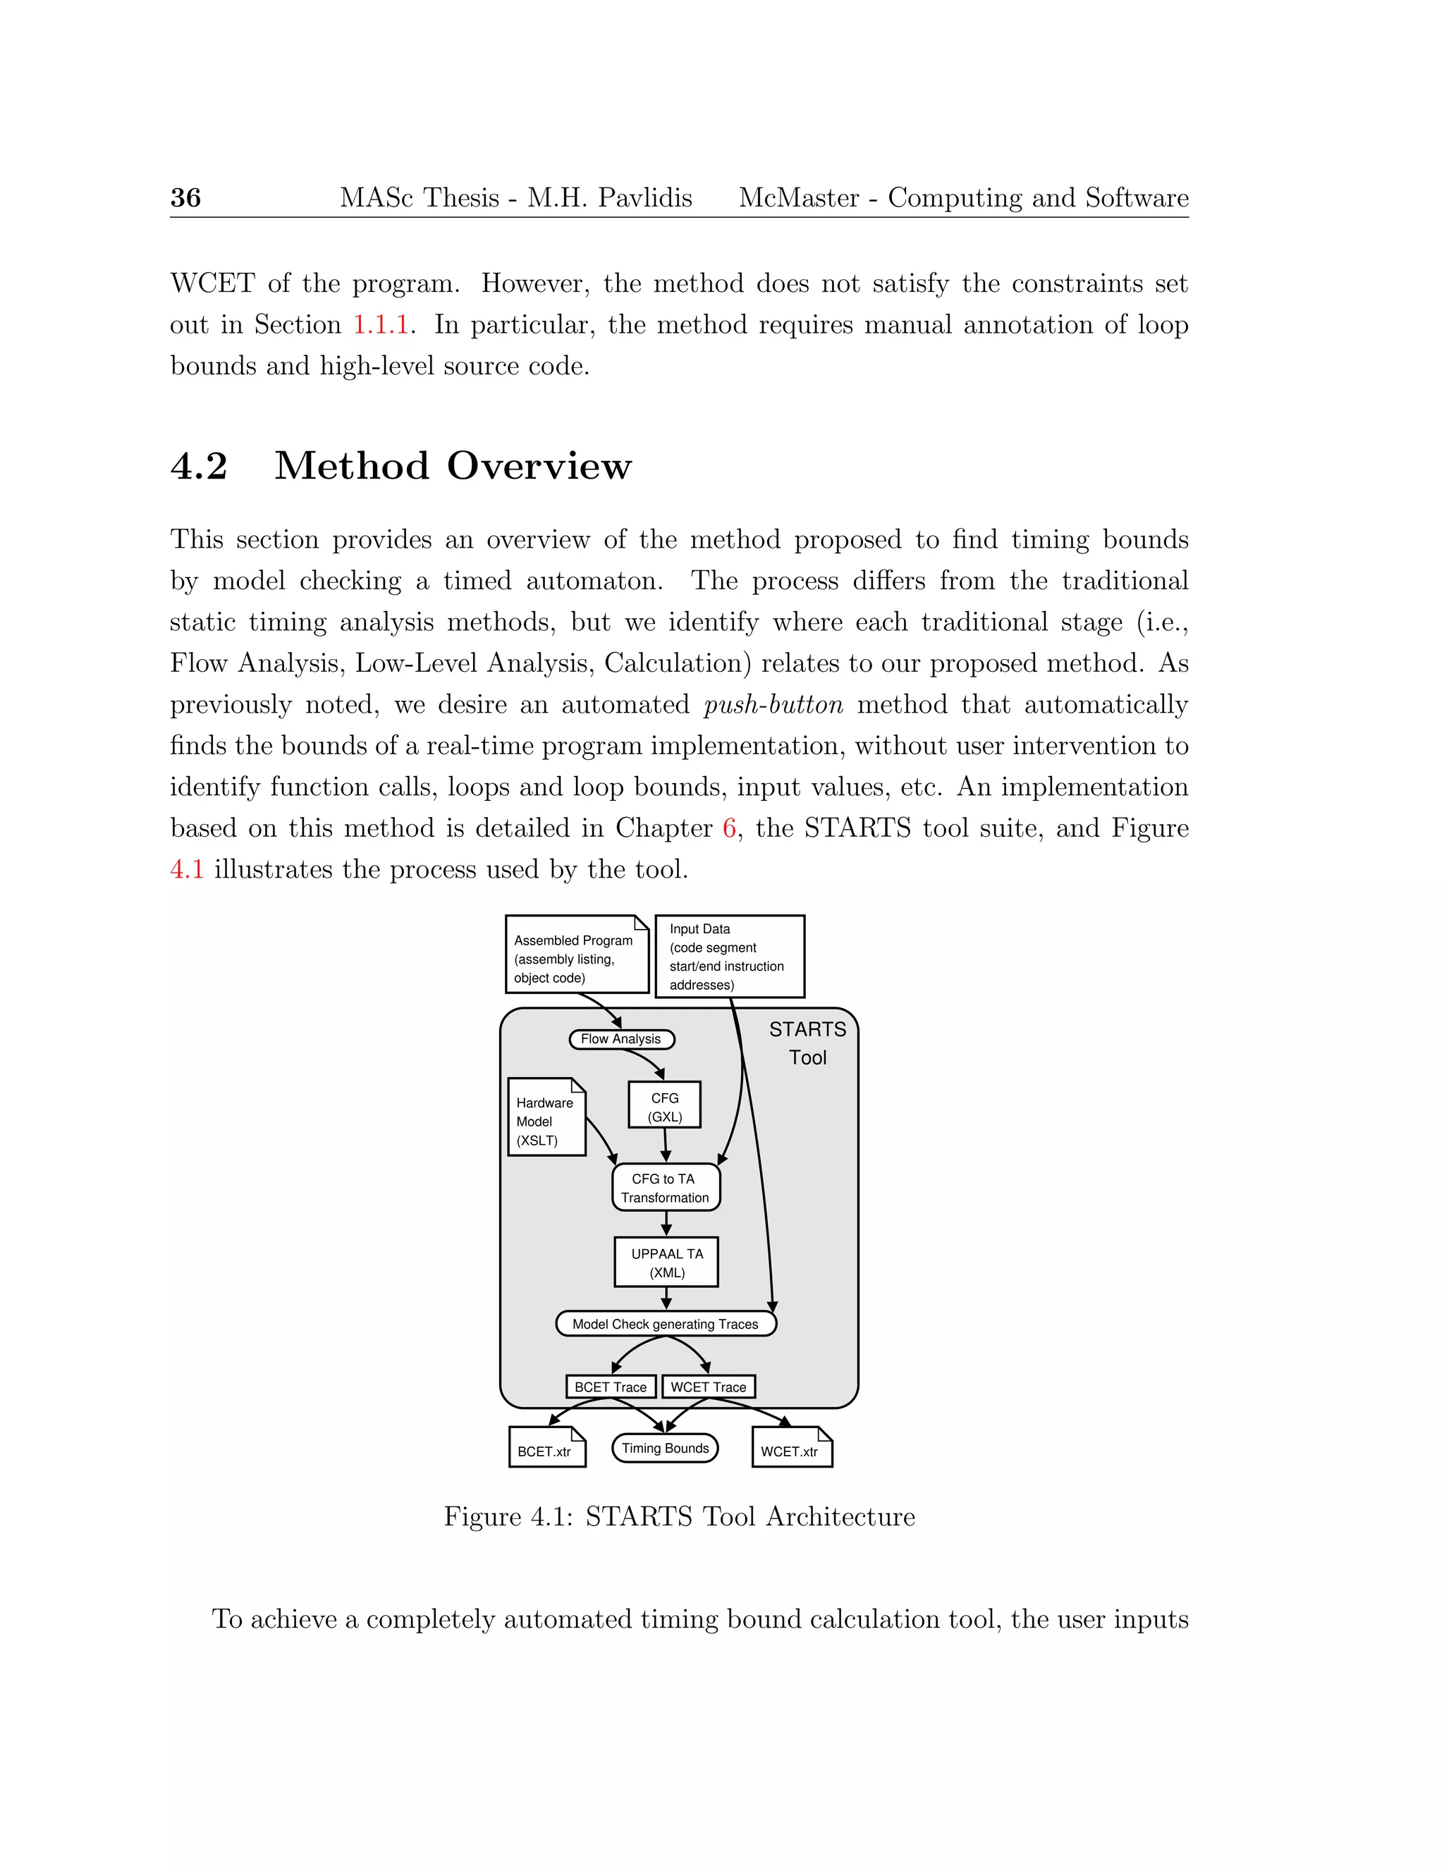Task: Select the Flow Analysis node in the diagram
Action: tap(621, 1039)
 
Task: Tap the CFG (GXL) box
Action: tap(665, 1106)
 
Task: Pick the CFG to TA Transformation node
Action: tap(666, 1188)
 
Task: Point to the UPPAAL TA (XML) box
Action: tap(666, 1262)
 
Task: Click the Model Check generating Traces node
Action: tap(666, 1324)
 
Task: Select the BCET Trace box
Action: tap(611, 1387)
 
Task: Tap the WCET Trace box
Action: tap(709, 1387)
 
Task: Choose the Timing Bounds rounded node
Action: tap(665, 1448)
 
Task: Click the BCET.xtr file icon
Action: tap(546, 1447)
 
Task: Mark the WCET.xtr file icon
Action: tap(791, 1447)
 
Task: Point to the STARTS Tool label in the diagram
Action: tap(807, 1043)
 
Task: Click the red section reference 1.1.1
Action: tap(381, 325)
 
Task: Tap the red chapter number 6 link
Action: tap(729, 828)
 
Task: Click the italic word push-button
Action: tap(773, 705)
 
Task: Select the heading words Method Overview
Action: tap(453, 466)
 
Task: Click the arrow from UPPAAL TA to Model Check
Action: tap(666, 1298)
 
